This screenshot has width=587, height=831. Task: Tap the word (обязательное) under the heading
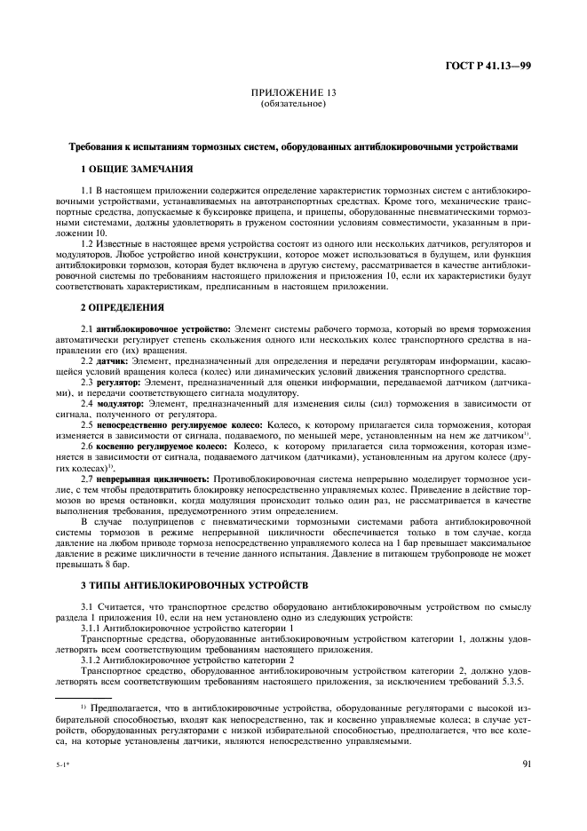tap(292, 104)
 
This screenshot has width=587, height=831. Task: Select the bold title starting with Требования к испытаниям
tap(292, 146)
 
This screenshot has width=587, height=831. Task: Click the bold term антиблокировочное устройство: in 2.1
tap(152, 328)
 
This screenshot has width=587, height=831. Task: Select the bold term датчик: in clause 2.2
tap(113, 362)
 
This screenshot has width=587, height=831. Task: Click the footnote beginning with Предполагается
tap(293, 723)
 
